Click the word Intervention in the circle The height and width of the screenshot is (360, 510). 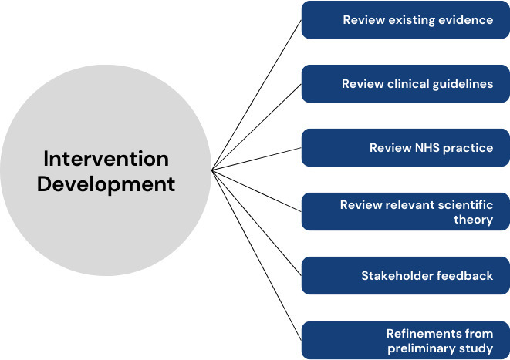point(105,160)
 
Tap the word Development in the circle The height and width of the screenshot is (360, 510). point(106,185)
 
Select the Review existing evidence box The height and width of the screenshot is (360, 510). point(404,20)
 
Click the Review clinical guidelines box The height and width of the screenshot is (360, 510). point(404,84)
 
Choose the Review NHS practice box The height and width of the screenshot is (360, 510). point(404,148)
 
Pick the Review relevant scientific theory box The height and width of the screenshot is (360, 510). point(404,212)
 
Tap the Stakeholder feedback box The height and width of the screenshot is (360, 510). point(404,276)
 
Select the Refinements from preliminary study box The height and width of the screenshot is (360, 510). point(404,340)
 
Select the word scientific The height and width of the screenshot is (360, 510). point(464,205)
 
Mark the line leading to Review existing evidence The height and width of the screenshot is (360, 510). point(256,94)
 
